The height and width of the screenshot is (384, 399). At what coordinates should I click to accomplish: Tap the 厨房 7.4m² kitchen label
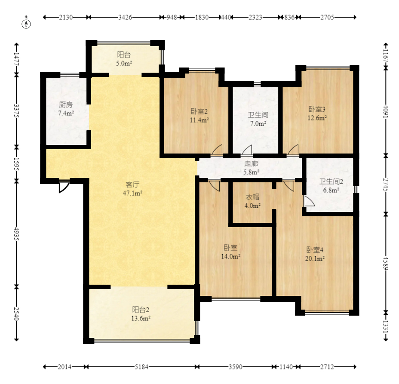[x=66, y=109]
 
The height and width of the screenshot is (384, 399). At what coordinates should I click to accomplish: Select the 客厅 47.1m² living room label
[x=132, y=189]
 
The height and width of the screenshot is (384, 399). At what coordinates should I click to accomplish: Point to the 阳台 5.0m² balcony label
[x=124, y=59]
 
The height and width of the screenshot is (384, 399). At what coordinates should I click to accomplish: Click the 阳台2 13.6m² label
[x=141, y=314]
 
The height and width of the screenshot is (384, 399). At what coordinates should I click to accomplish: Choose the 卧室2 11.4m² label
[x=199, y=116]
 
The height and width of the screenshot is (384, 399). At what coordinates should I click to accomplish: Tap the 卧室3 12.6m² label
[x=317, y=114]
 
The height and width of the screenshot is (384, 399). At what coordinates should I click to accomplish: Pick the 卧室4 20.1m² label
[x=315, y=254]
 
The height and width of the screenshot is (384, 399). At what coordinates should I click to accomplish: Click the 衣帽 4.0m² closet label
[x=252, y=201]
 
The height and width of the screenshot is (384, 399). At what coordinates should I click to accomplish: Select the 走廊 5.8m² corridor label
[x=251, y=168]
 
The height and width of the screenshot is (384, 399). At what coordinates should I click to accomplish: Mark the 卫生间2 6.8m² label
[x=331, y=185]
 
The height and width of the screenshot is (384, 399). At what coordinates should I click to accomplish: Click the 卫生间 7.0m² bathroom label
[x=258, y=119]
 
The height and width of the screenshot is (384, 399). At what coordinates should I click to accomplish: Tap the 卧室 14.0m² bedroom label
[x=230, y=252]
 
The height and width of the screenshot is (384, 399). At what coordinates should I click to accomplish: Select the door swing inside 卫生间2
[x=309, y=202]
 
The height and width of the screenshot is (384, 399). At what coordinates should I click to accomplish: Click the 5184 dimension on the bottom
[x=141, y=367]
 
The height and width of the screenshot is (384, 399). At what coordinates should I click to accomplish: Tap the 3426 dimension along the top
[x=125, y=17]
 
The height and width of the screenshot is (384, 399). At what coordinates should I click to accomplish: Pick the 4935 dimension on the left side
[x=16, y=233]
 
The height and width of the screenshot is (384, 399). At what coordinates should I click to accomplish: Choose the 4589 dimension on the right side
[x=386, y=263]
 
